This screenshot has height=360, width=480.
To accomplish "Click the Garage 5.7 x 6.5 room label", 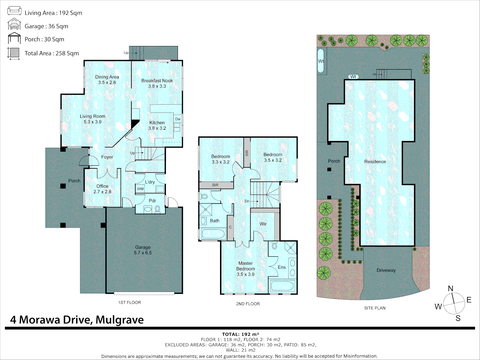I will (x=143, y=250).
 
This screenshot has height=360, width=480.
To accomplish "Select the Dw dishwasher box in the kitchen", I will (x=178, y=119).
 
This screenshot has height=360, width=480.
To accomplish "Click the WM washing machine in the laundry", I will (x=140, y=189).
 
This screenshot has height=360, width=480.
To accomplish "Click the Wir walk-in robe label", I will (x=263, y=224).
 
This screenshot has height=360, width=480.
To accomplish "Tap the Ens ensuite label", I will (x=282, y=267).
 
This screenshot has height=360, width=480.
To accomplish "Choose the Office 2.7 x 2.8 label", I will (x=102, y=189).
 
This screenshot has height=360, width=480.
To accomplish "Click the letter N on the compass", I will (x=450, y=288).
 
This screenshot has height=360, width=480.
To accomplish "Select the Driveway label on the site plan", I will (x=386, y=270).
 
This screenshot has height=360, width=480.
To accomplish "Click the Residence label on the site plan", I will (x=375, y=162).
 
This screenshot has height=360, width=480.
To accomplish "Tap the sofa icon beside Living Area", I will (x=14, y=11).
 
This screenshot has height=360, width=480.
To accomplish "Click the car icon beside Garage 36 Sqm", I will (x=14, y=24).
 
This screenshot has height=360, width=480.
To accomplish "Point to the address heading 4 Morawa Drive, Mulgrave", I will (x=77, y=320).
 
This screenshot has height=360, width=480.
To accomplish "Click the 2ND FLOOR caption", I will (x=248, y=304).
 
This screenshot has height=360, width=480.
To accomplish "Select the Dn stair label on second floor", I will (x=247, y=201).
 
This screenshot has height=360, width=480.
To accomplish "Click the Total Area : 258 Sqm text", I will (x=52, y=53).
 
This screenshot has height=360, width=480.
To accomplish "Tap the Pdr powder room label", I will (x=152, y=201).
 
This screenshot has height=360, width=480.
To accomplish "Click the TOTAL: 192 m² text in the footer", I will (x=240, y=334).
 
